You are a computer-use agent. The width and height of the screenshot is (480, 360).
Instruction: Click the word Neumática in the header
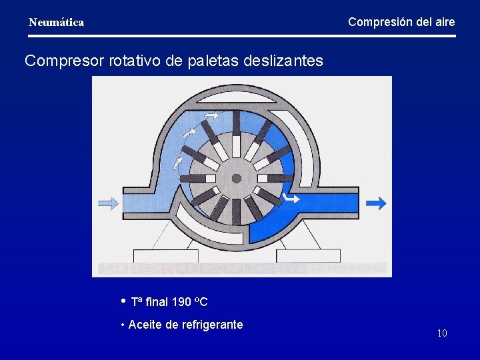pos(57,23)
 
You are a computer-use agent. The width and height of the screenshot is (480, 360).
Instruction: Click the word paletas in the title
pos(213,61)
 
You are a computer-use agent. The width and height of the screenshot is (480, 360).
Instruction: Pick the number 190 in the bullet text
pos(181,303)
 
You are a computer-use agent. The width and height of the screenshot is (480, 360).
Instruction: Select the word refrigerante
pos(212,325)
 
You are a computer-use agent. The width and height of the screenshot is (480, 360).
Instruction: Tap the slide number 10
pos(442,333)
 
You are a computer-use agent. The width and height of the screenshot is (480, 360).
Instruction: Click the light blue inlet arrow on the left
pos(108,203)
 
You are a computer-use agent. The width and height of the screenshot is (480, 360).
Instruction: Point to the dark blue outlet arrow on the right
pos(376,203)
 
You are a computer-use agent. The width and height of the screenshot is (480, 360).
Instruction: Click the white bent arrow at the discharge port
pos(291,197)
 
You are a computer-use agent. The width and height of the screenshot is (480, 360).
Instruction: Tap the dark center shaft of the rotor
pos(236,179)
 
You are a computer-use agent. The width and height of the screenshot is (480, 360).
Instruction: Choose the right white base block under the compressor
pos(308,255)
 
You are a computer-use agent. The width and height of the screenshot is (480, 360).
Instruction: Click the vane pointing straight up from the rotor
pos(237,133)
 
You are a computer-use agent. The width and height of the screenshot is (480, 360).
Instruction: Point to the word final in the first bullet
pos(157,303)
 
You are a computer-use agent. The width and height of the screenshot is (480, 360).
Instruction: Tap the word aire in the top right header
pos(444,22)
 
